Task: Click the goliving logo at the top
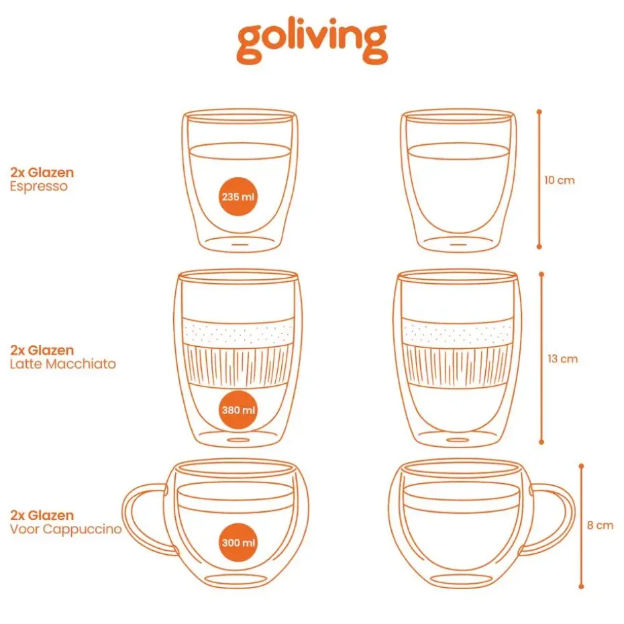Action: click(312, 42)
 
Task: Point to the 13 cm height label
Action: click(562, 359)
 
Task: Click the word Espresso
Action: click(39, 187)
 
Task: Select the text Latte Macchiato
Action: click(63, 364)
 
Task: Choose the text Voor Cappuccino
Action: click(66, 529)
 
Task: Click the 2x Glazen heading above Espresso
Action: click(42, 172)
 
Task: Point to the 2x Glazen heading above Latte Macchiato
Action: click(42, 350)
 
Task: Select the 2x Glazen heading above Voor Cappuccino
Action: click(42, 515)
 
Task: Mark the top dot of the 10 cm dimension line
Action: click(539, 112)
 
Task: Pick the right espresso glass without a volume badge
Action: click(458, 180)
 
